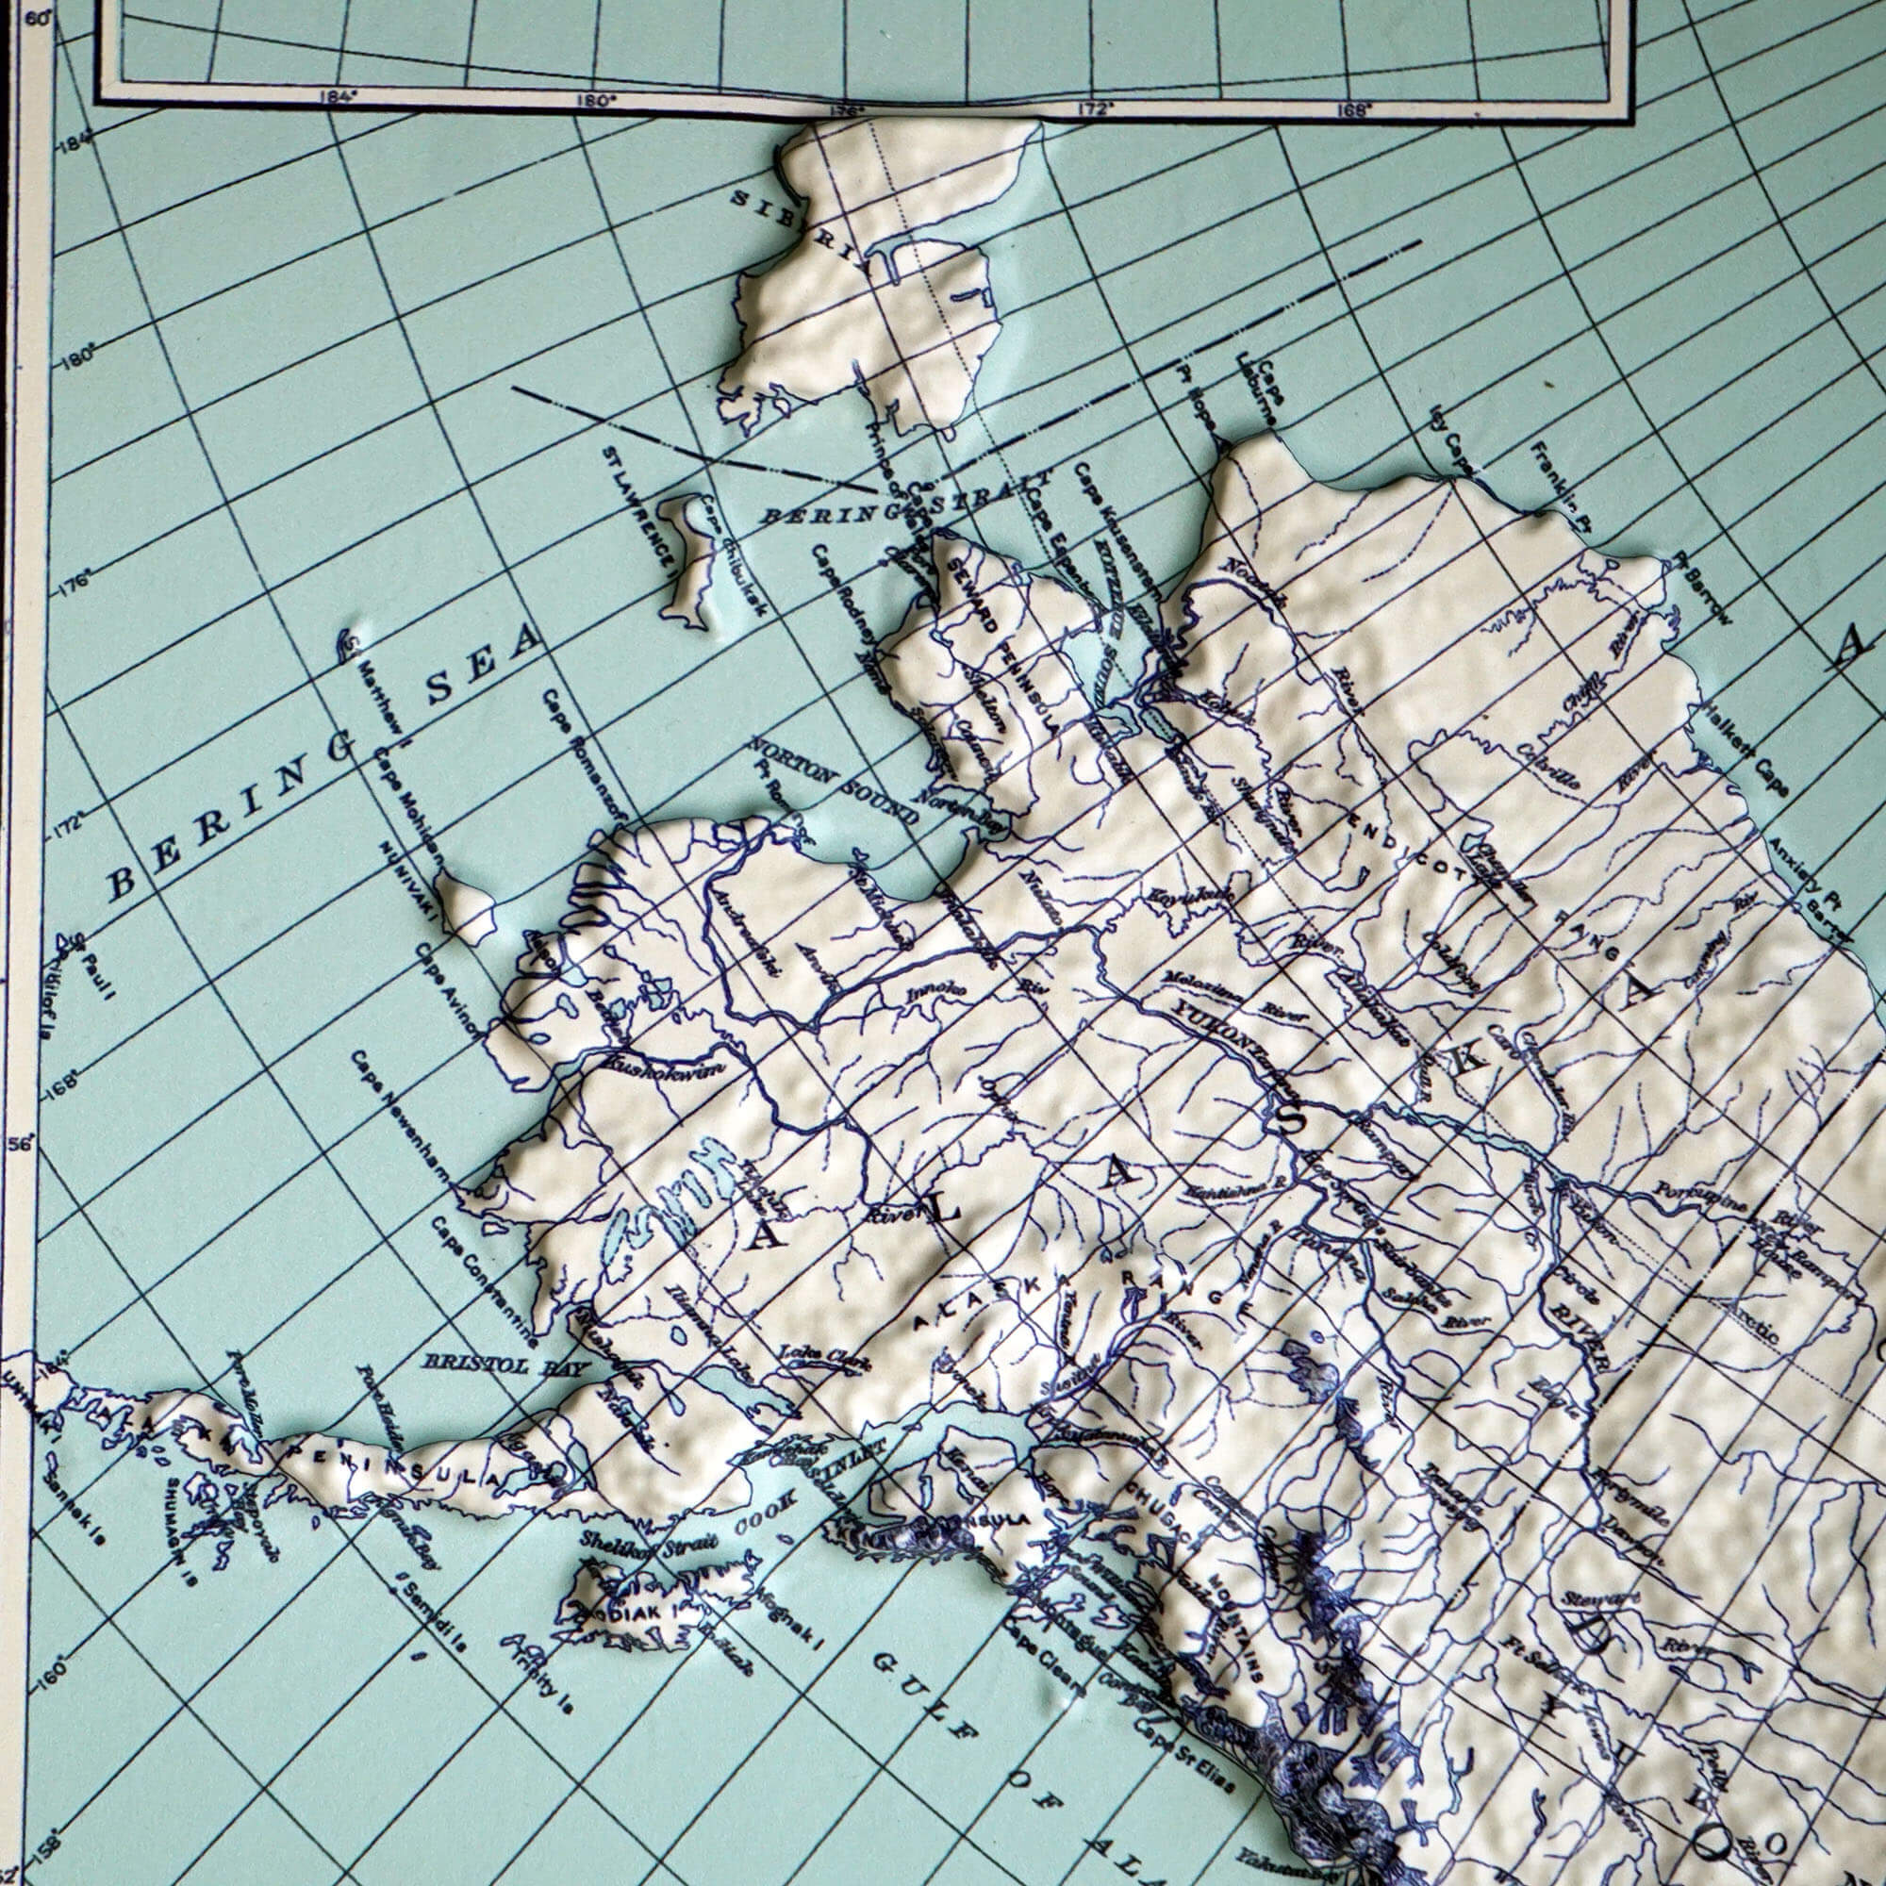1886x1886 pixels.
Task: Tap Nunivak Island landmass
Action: click(x=466, y=907)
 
